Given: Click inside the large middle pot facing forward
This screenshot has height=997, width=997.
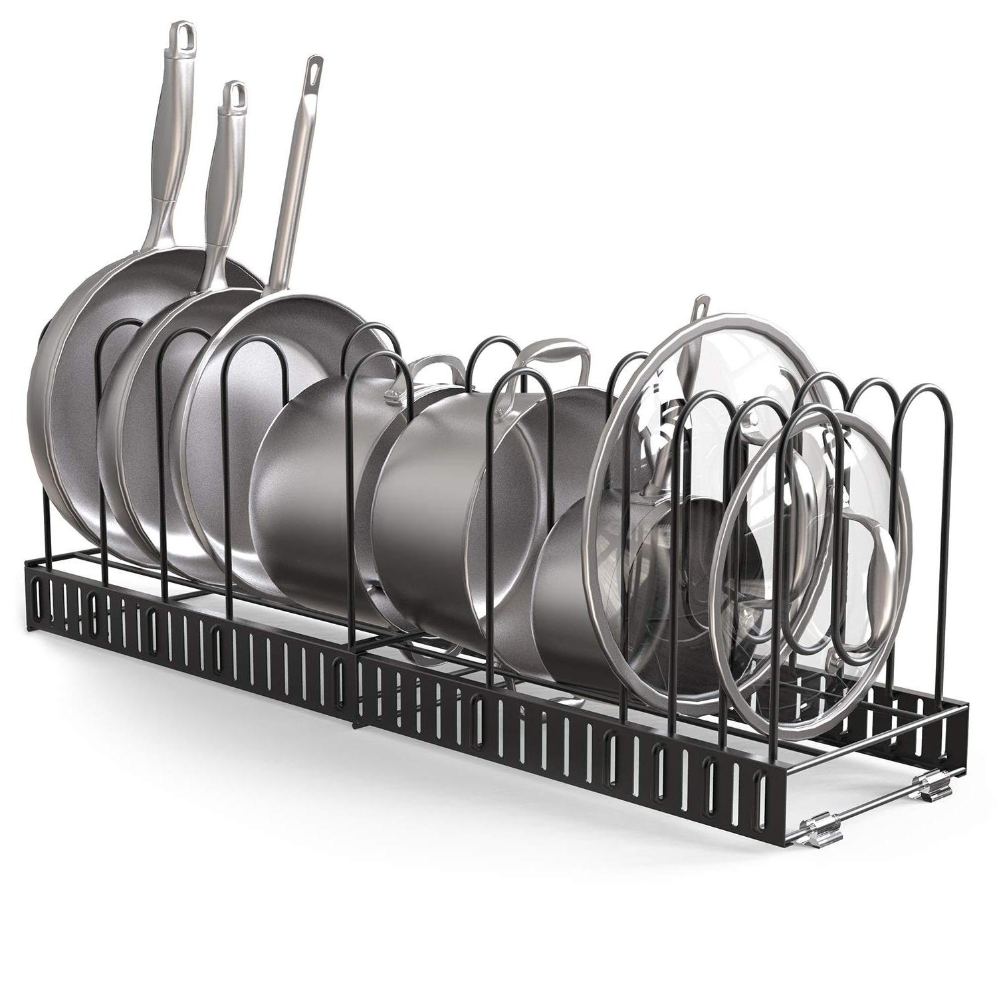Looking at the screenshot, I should pos(459,518).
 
